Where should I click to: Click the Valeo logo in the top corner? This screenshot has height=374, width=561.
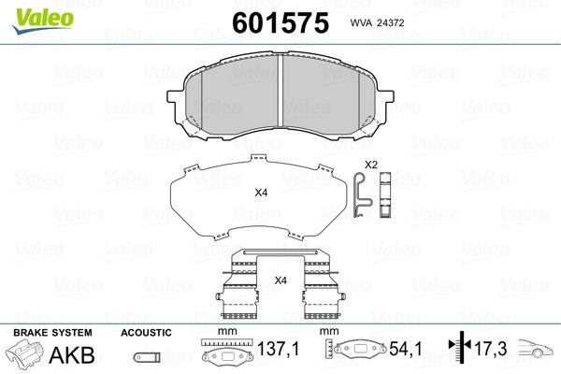click(x=43, y=21)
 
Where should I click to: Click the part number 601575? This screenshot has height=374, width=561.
click(x=280, y=22)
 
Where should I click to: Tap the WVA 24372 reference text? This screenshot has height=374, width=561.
click(x=377, y=22)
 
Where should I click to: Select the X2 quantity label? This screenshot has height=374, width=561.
click(x=371, y=165)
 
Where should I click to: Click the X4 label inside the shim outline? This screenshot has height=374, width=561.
click(x=261, y=193)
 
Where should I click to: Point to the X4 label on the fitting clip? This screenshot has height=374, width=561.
click(x=280, y=280)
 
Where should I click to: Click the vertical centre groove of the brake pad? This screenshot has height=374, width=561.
click(x=280, y=91)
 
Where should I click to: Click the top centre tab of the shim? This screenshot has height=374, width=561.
click(x=259, y=158)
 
